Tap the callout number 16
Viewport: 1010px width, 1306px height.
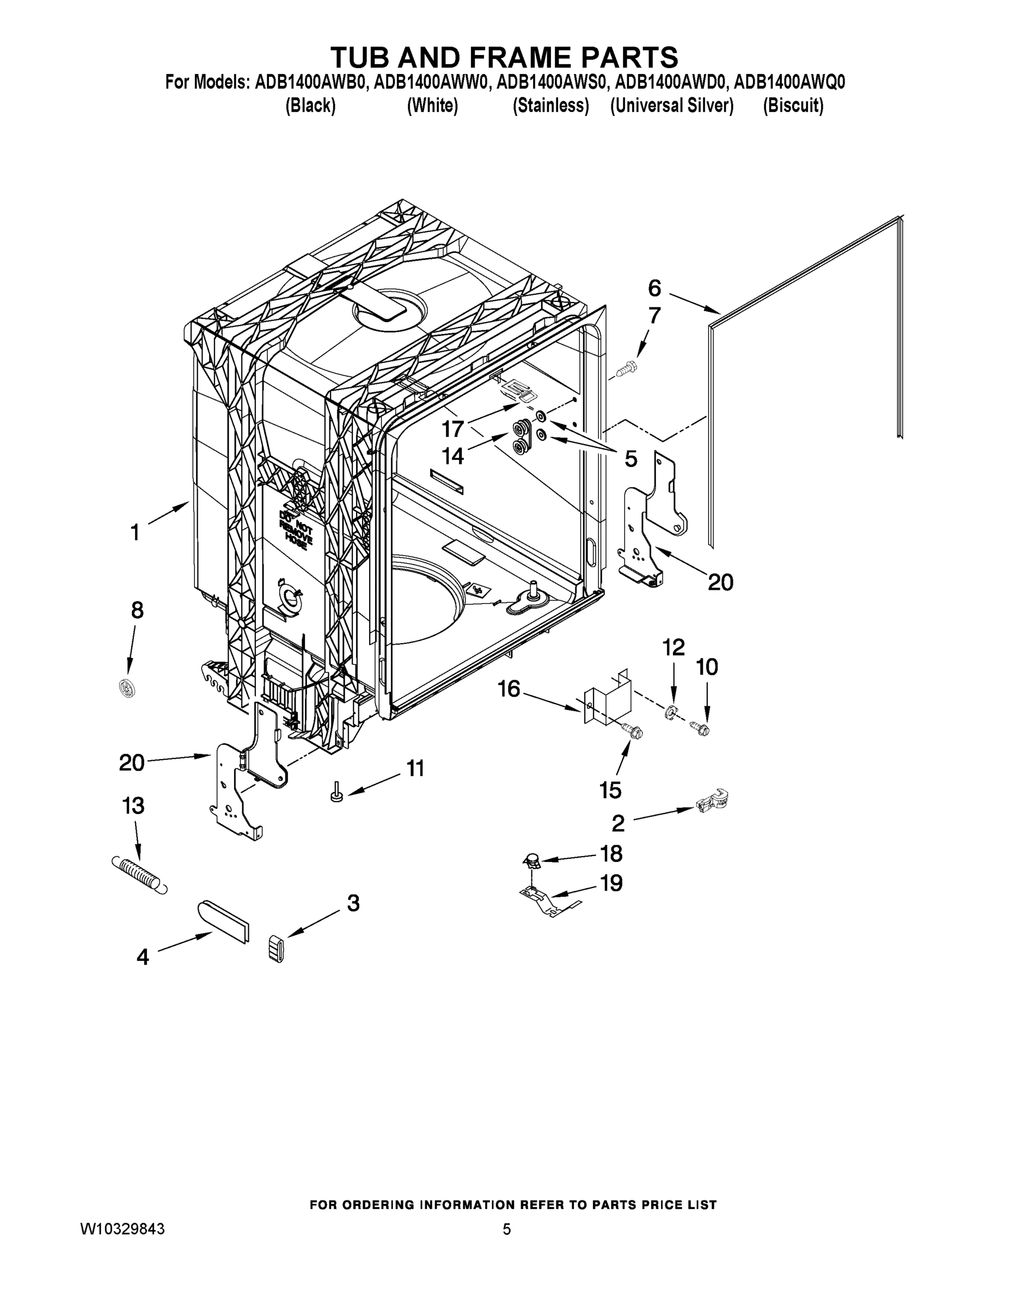(x=509, y=689)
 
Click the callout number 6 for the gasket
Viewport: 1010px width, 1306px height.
(x=654, y=288)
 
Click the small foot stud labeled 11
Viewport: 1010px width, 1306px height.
(x=336, y=793)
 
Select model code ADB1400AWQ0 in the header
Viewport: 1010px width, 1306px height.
(x=789, y=83)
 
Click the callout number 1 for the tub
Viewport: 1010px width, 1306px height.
(x=135, y=532)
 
